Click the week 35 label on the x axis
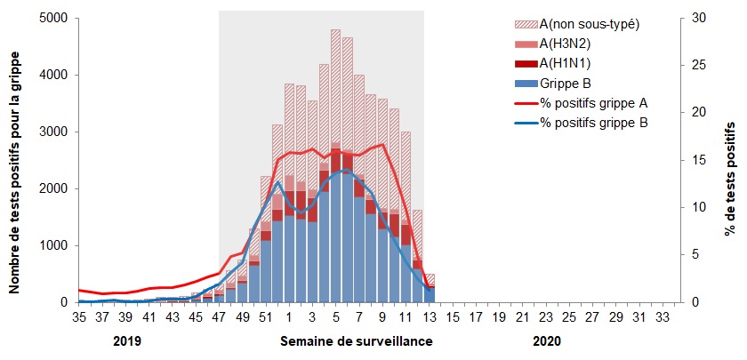coord(79,316)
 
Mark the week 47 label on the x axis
coord(219,316)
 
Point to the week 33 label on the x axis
coord(661,316)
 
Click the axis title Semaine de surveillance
coord(357,341)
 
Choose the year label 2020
coord(547,341)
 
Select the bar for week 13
coord(430,290)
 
